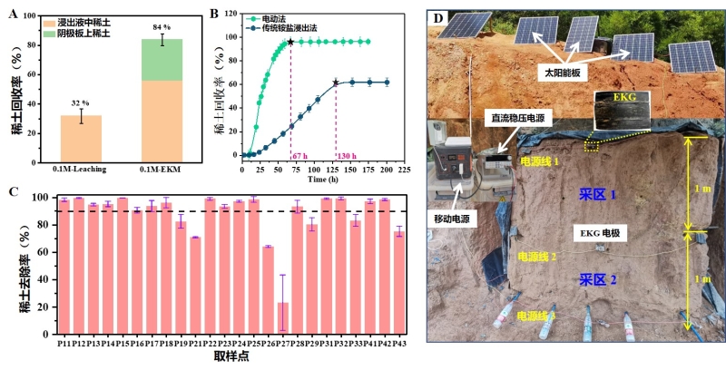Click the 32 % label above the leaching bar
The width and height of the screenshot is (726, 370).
pyautogui.click(x=82, y=102)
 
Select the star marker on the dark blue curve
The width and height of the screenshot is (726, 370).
pyautogui.click(x=336, y=83)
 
